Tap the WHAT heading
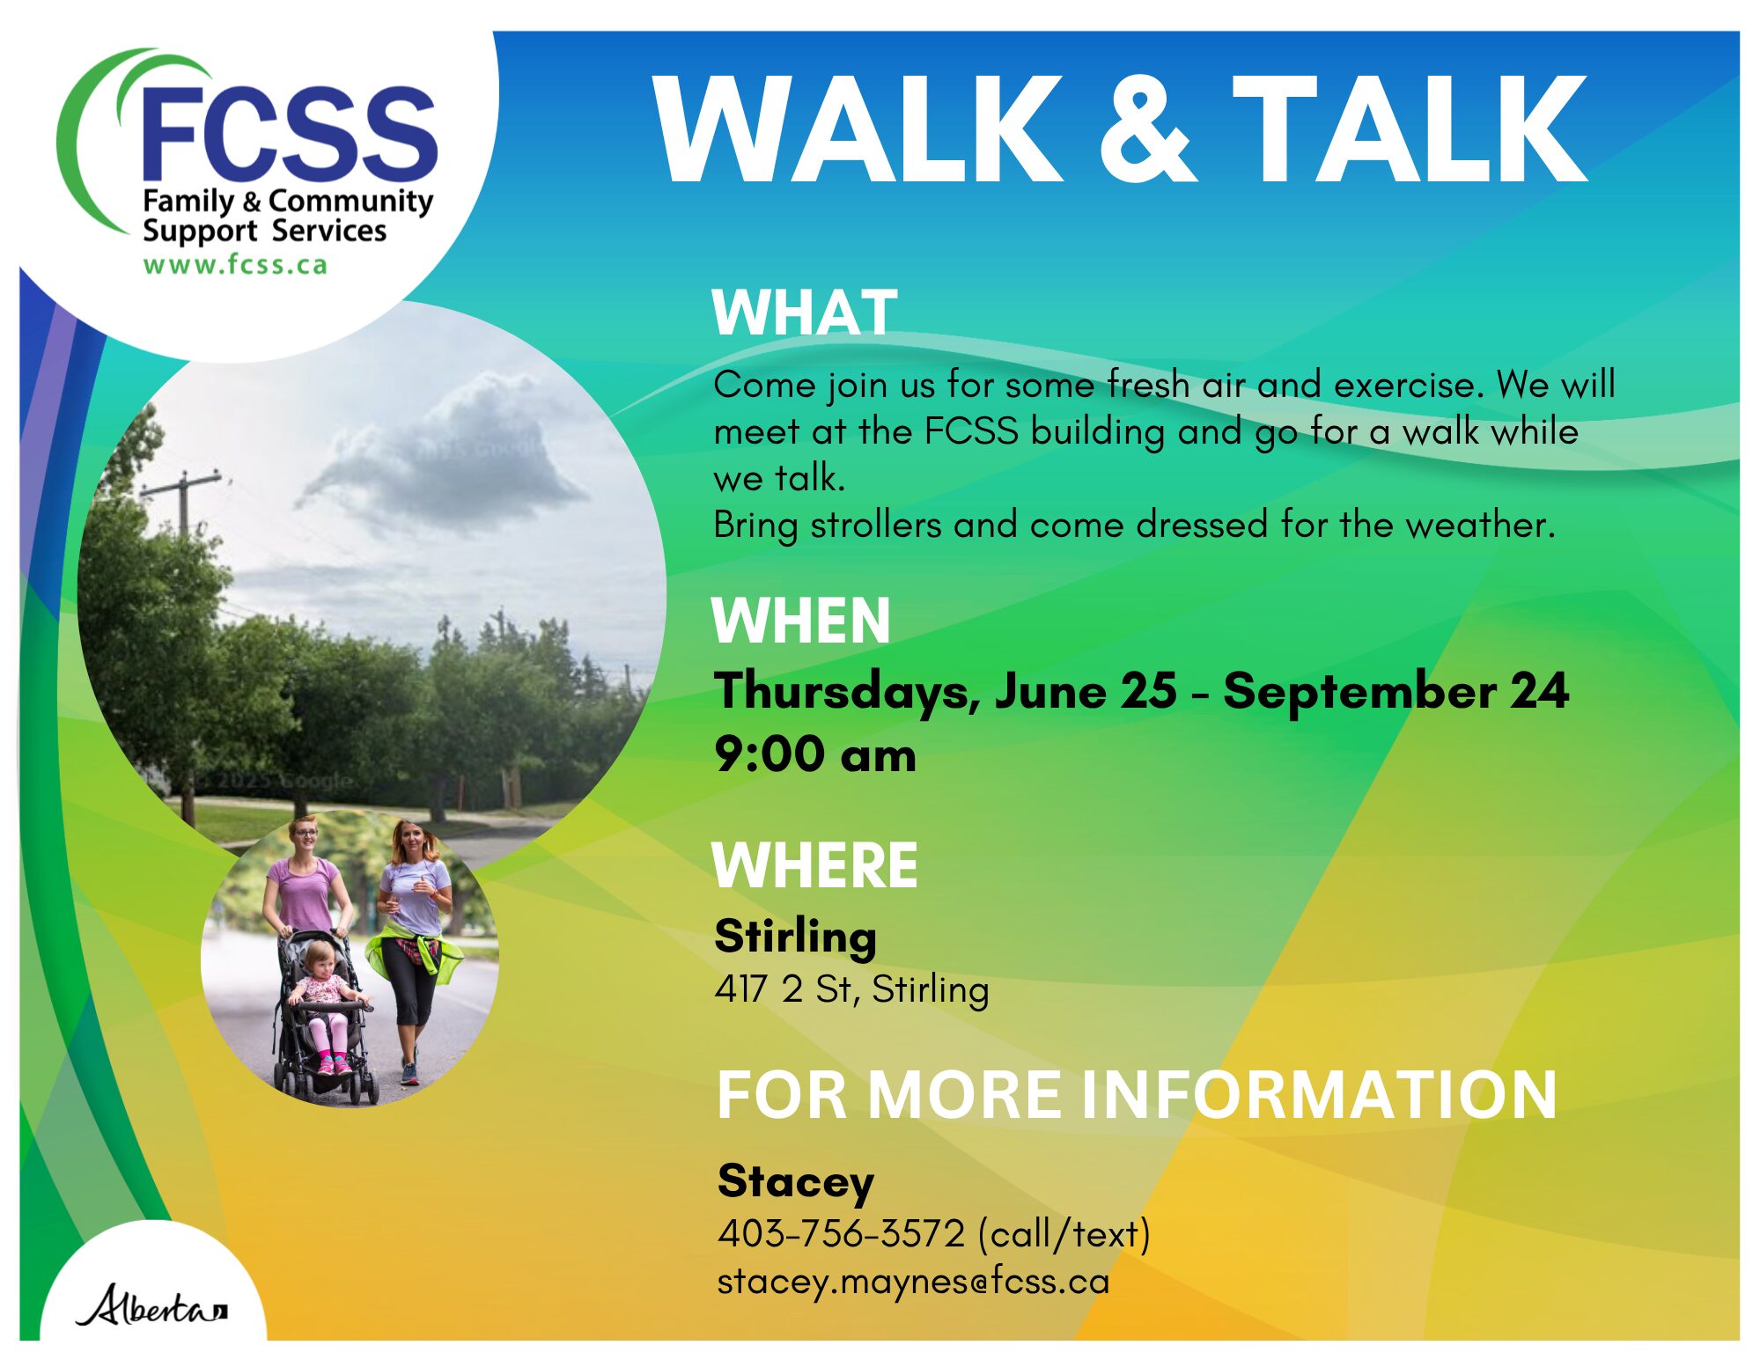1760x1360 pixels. coord(805,312)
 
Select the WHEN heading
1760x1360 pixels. coord(800,621)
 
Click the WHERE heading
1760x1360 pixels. coord(814,865)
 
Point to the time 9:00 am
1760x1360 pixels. coord(815,755)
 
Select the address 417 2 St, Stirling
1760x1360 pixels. coord(851,989)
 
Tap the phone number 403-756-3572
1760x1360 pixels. coord(841,1233)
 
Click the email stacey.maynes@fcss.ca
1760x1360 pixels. coord(913,1282)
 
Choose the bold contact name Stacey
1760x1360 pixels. coord(795,1182)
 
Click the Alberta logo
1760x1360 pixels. coord(151,1305)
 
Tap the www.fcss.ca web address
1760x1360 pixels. coord(235,265)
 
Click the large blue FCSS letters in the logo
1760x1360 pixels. coord(289,133)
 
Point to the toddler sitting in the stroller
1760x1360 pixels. coord(322,1003)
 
